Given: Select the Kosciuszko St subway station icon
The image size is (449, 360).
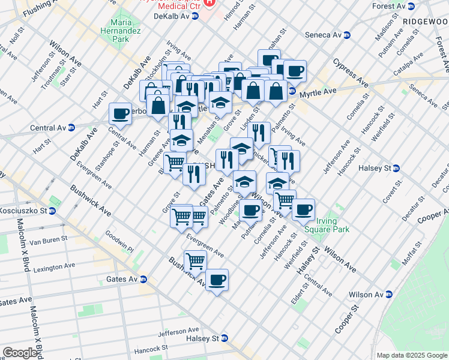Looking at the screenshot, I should point(52,211).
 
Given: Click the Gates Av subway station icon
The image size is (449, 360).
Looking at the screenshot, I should point(143,279).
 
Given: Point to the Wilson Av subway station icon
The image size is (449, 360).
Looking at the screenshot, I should point(389,295).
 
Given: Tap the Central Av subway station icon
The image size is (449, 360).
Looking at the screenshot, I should point(71,127).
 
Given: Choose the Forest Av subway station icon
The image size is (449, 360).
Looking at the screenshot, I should point(411,6).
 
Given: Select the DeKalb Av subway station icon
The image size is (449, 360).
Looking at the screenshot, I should point(195,16).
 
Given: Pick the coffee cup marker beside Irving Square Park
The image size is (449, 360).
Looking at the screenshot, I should point(303,209).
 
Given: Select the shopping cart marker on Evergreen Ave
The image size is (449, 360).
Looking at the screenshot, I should point(195,261).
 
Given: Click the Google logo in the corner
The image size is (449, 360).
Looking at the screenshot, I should point(20,353).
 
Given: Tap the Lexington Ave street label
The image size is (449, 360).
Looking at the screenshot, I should point(54,266).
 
